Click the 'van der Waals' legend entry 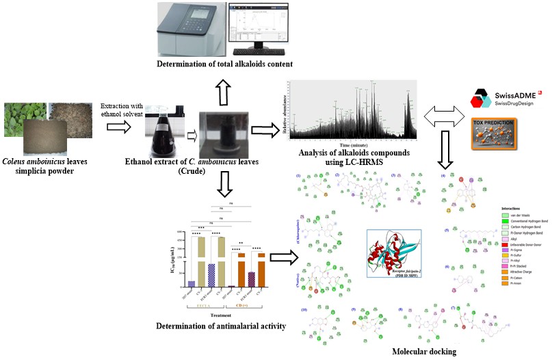(516, 216)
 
